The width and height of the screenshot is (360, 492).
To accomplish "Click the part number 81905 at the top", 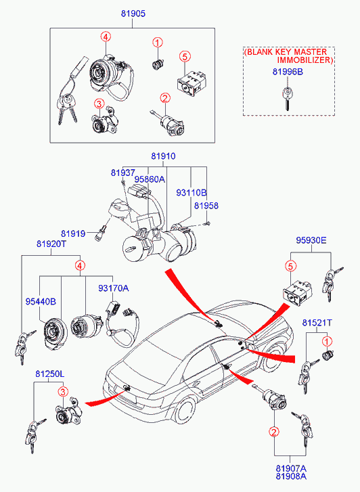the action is tap(133, 14).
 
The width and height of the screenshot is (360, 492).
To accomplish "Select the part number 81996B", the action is tap(288, 72).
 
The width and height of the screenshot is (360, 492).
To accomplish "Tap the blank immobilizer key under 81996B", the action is tap(287, 99).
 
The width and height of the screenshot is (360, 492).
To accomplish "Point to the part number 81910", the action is tap(163, 156).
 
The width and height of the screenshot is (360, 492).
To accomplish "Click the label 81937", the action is tap(122, 173).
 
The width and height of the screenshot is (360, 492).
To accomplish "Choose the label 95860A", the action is tap(150, 179).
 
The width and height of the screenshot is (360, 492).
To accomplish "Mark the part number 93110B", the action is tap(192, 193).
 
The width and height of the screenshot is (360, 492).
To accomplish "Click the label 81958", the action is tap(206, 206).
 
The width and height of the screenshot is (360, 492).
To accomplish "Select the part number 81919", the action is tap(73, 233).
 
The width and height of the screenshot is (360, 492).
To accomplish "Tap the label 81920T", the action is tap(51, 244).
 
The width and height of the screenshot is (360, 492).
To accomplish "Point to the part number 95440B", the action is tap(41, 302).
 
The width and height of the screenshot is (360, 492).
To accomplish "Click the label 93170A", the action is tap(113, 288).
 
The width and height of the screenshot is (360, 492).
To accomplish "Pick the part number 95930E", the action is tap(311, 240).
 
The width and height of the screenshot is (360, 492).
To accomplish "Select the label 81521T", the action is tap(317, 323).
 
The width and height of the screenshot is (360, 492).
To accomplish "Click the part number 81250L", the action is tap(50, 374).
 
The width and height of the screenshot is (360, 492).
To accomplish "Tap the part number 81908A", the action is tap(291, 476).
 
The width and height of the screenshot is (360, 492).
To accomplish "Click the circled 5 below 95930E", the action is tap(290, 267).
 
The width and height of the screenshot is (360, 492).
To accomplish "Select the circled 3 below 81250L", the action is tap(63, 391).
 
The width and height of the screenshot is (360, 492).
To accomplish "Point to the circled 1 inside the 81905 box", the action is tap(158, 43).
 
